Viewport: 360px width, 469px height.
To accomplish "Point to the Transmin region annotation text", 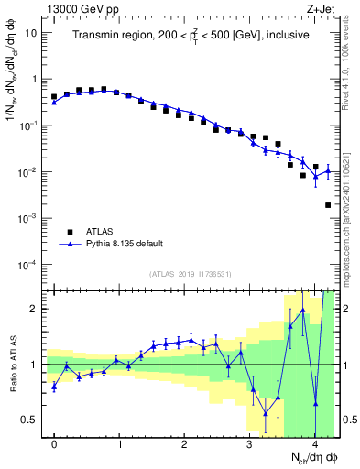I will tap(192, 36).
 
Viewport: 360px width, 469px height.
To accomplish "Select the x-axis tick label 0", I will tap(54, 444).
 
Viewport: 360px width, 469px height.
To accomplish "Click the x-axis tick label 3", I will tap(249, 444).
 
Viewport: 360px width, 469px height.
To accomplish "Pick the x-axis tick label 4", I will tap(314, 444).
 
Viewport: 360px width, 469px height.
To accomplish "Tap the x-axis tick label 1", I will tap(119, 444).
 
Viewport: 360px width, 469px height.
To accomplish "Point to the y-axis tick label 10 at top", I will tap(31, 33).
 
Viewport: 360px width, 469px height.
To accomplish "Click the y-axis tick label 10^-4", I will tap(29, 265).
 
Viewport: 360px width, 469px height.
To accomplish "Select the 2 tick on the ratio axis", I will tap(35, 309).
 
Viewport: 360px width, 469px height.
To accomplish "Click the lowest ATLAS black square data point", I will tap(328, 205).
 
